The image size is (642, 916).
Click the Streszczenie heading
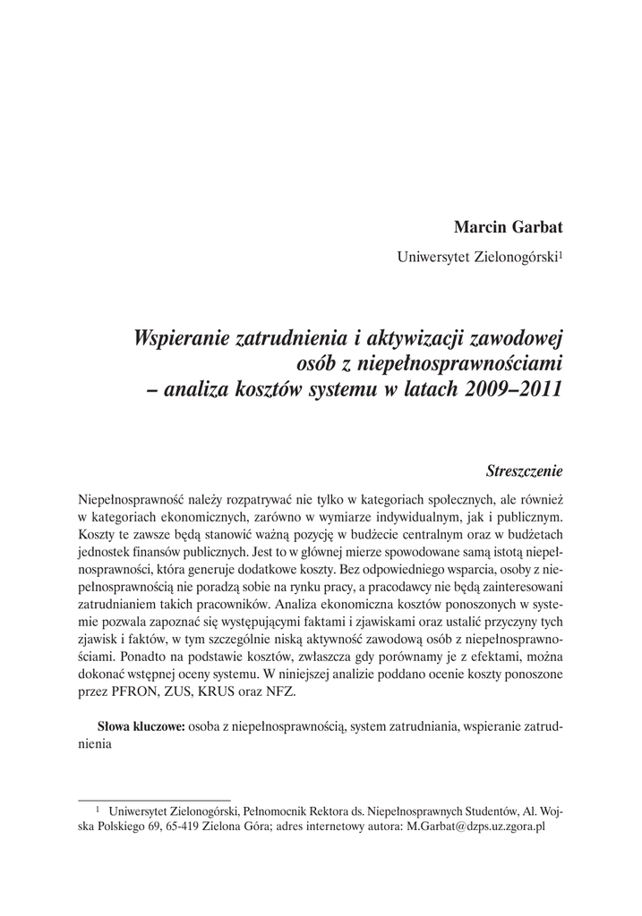(x=524, y=469)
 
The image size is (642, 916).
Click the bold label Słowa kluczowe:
(x=141, y=727)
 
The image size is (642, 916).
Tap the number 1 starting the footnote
(x=98, y=809)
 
